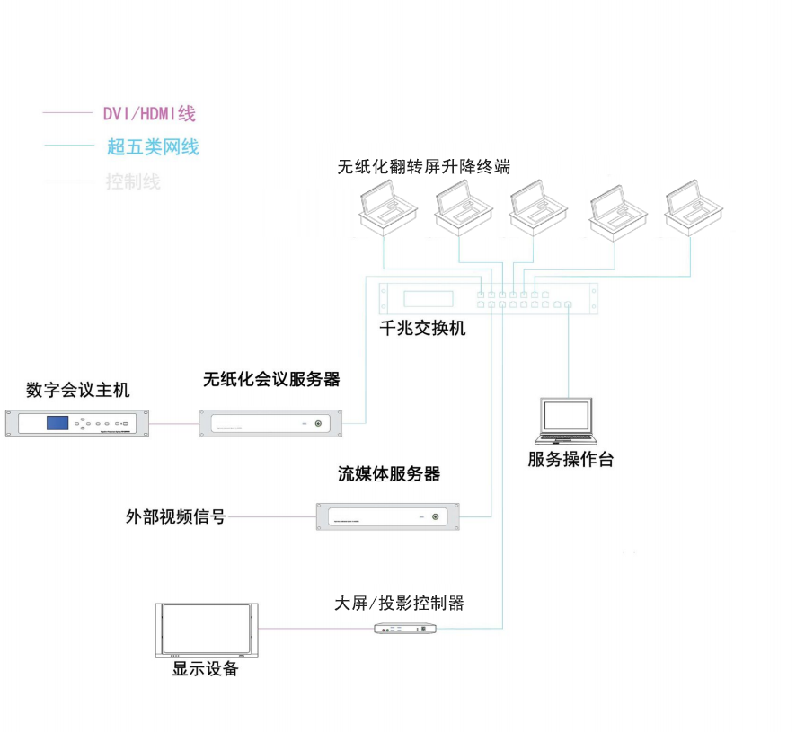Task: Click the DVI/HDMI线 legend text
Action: tap(148, 114)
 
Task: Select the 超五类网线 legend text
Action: tap(153, 146)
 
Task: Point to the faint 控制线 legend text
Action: tap(133, 181)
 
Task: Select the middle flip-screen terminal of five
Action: tap(539, 211)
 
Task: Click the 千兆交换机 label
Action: tap(422, 328)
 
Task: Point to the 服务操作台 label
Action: tap(570, 460)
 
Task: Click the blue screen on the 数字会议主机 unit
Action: tap(59, 423)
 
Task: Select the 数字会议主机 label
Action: tap(78, 390)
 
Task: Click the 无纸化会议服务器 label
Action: tap(271, 379)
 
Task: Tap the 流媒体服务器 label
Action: tap(389, 473)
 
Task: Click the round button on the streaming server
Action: tap(438, 516)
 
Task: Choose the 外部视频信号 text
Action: tap(175, 517)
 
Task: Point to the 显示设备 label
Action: tap(206, 669)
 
